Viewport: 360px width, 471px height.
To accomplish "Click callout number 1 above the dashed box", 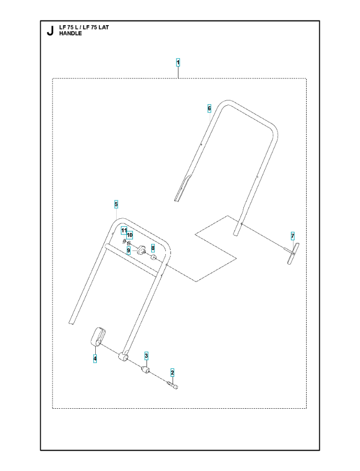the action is click(178, 62).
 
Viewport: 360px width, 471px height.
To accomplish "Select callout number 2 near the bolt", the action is click(172, 373).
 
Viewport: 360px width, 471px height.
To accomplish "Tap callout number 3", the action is click(146, 356).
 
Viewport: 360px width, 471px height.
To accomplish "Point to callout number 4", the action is click(95, 358).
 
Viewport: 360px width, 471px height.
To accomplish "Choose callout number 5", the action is click(116, 204).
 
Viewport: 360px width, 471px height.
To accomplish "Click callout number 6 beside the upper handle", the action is click(209, 108).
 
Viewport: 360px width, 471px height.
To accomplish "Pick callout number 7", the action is click(292, 236).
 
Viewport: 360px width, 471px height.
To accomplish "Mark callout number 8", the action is click(153, 248).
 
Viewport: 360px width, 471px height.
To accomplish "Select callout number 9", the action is click(129, 250).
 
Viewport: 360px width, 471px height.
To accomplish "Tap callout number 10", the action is click(130, 234).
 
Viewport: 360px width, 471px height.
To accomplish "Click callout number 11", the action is click(123, 230).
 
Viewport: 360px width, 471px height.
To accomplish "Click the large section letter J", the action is click(50, 31).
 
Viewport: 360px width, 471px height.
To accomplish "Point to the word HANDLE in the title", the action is click(70, 33).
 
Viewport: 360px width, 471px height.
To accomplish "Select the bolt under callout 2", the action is click(172, 385).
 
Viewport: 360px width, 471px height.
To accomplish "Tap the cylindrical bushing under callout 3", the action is click(145, 370).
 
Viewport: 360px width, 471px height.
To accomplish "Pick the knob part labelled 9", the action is click(141, 249).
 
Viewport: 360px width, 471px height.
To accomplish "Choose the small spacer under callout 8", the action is click(153, 257).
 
